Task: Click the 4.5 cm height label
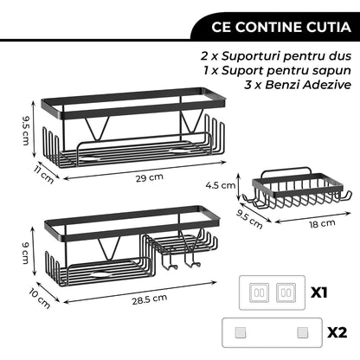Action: [223, 184]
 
